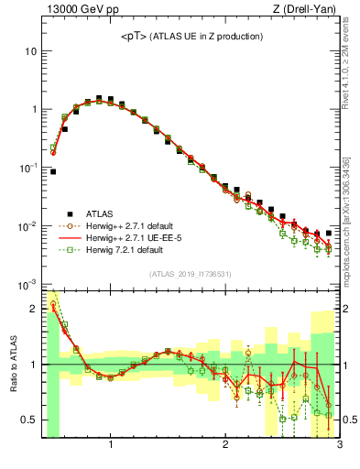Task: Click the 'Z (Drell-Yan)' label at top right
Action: (x=307, y=10)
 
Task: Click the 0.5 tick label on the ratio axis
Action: (x=28, y=420)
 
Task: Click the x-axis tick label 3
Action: (x=339, y=446)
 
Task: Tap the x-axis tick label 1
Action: (x=111, y=446)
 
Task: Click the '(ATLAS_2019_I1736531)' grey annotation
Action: (x=190, y=274)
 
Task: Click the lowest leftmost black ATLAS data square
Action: (x=53, y=171)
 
